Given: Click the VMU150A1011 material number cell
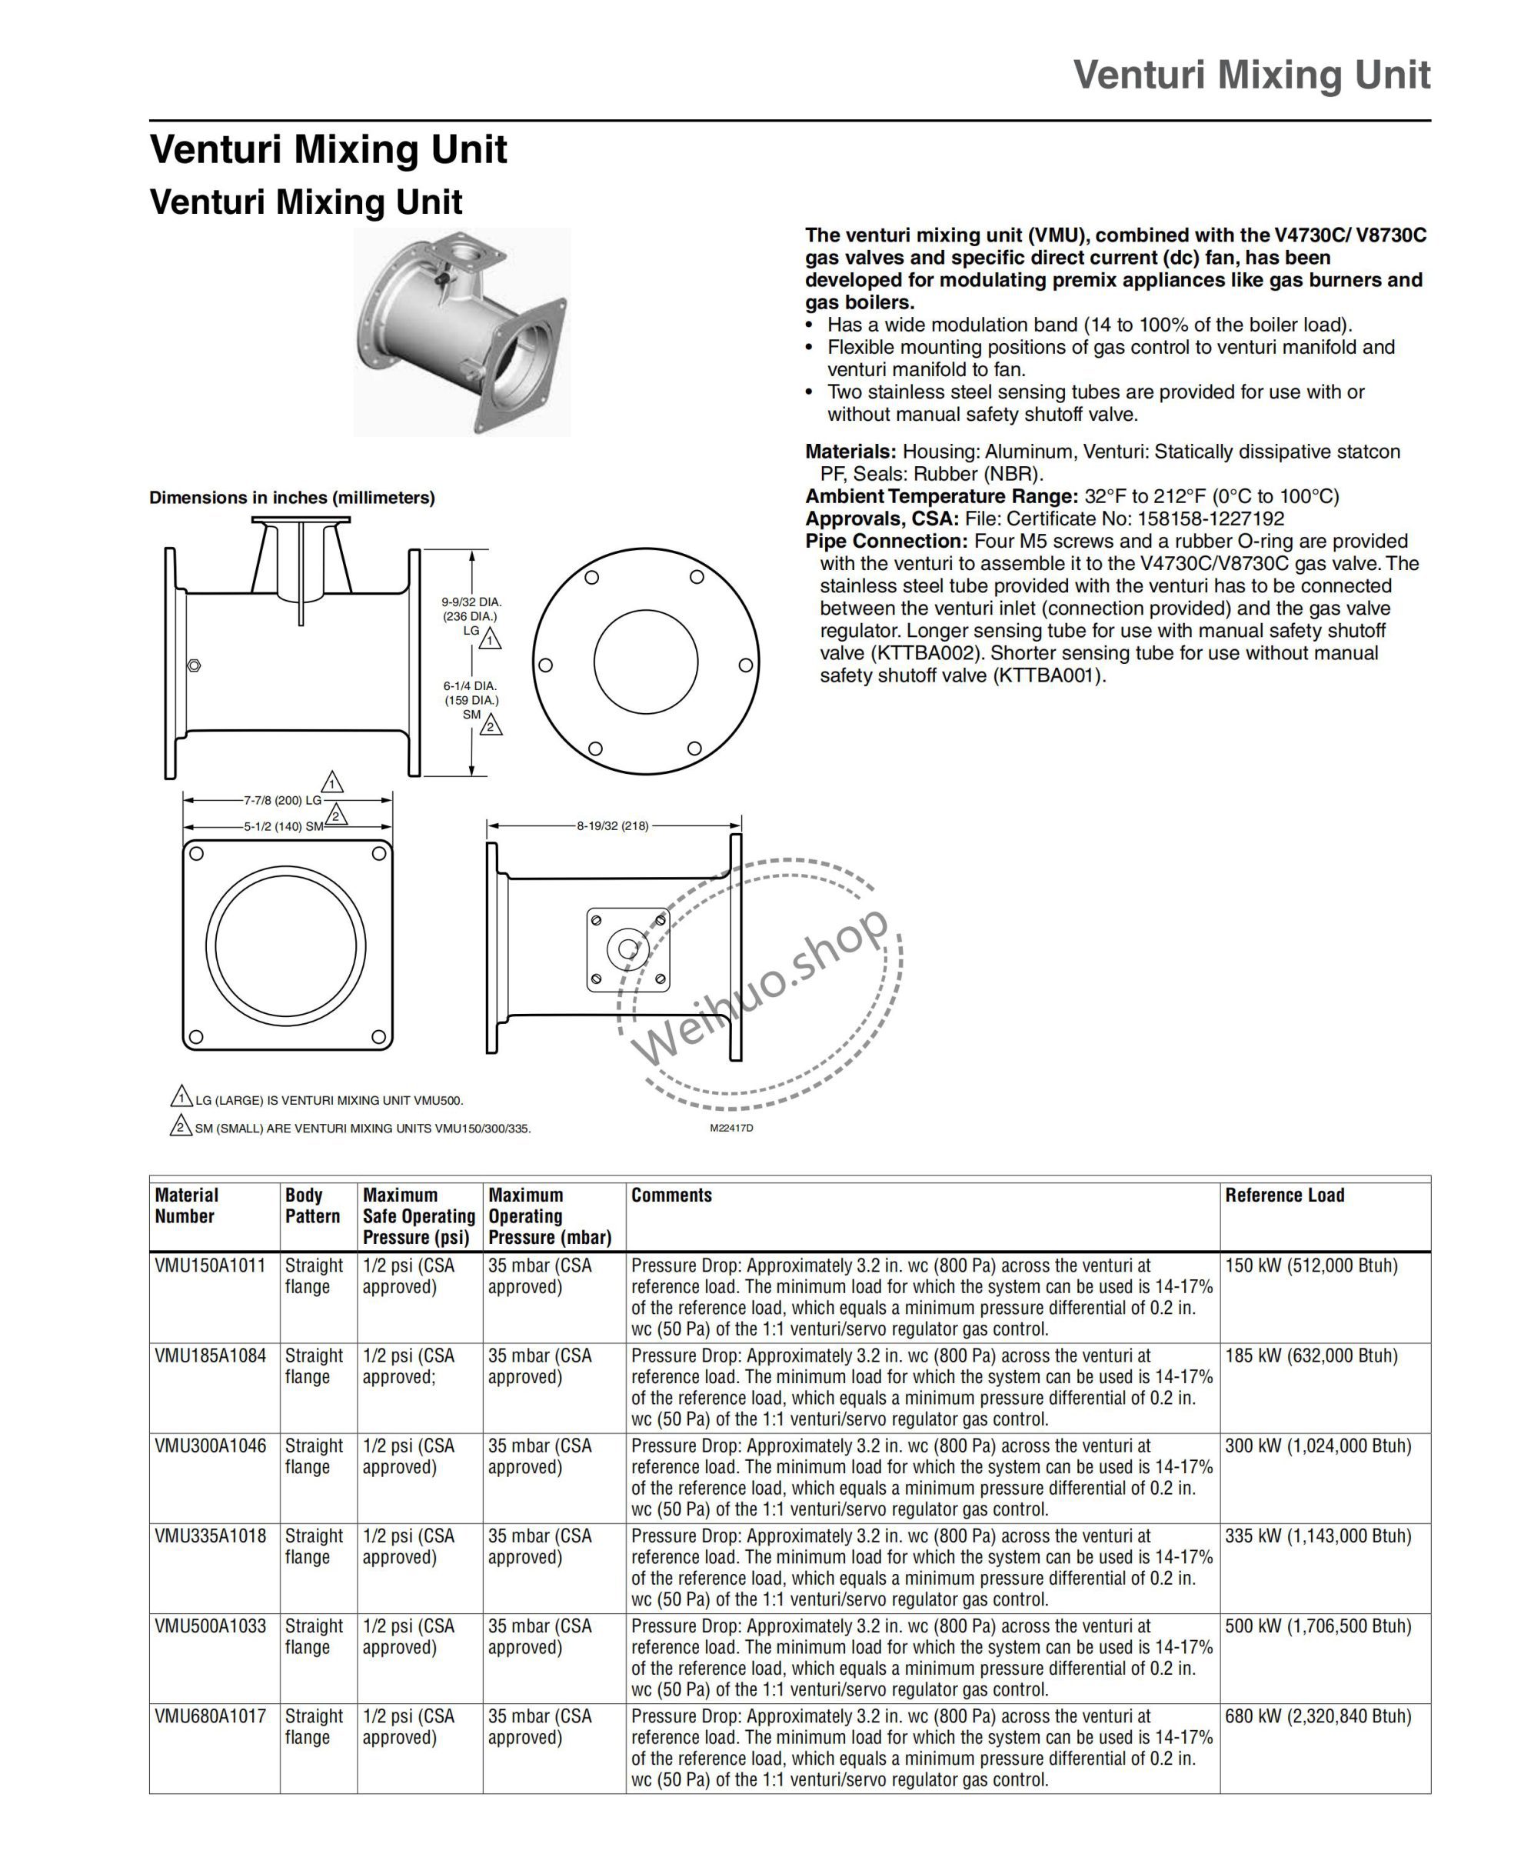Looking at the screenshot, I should tap(209, 1265).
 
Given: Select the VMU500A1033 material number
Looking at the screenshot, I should tap(210, 1626).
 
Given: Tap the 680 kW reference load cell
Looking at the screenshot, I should tap(1318, 1716).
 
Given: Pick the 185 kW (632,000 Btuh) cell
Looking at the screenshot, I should tap(1311, 1356).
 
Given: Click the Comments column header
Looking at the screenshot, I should tap(671, 1195).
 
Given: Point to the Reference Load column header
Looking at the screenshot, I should tap(1284, 1195).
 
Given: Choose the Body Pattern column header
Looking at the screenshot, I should tap(312, 1206).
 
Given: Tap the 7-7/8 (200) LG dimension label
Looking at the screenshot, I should tap(282, 800).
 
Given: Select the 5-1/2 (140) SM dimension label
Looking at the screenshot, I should tap(283, 826).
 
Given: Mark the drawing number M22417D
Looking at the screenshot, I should tap(731, 1128).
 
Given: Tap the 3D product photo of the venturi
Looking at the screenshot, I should tap(461, 332).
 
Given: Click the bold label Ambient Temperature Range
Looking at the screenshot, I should tap(942, 497).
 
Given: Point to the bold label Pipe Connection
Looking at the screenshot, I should tap(887, 542).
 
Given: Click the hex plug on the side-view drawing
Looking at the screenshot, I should tap(195, 666).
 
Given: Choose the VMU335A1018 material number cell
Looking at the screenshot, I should tap(210, 1536).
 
